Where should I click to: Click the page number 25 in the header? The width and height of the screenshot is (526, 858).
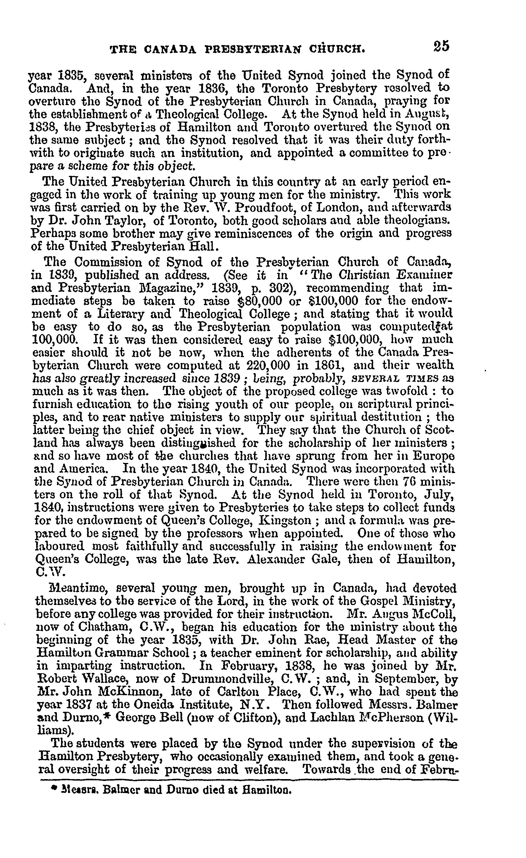(442, 46)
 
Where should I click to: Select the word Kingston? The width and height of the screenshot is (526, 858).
(285, 520)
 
